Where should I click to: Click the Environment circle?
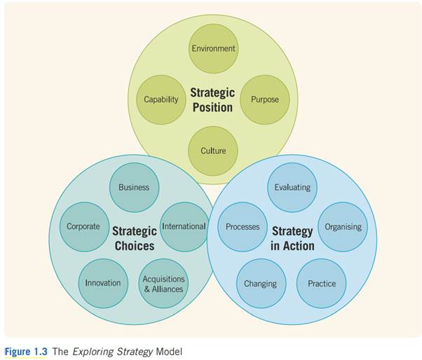pyautogui.click(x=213, y=48)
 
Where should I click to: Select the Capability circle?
pyautogui.click(x=161, y=99)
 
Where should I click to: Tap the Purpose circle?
pyautogui.click(x=264, y=99)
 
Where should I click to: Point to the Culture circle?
pyautogui.click(x=213, y=151)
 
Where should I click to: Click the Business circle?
pyautogui.click(x=134, y=187)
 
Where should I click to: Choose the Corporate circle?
pyautogui.click(x=83, y=226)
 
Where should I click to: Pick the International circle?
pyautogui.click(x=184, y=226)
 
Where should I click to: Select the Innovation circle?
pyautogui.click(x=103, y=283)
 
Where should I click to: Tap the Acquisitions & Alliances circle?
pyautogui.click(x=163, y=283)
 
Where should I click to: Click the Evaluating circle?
pyautogui.click(x=292, y=187)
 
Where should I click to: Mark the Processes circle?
pyautogui.click(x=243, y=226)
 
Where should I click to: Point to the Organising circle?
pyautogui.click(x=343, y=226)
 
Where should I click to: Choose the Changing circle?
pyautogui.click(x=260, y=283)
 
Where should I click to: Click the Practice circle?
pyautogui.click(x=322, y=283)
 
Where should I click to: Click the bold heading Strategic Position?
pyautogui.click(x=212, y=99)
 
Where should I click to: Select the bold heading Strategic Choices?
pyautogui.click(x=134, y=238)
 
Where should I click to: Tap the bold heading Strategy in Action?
pyautogui.click(x=292, y=238)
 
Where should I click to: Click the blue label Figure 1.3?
pyautogui.click(x=26, y=350)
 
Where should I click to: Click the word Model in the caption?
pyautogui.click(x=168, y=350)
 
